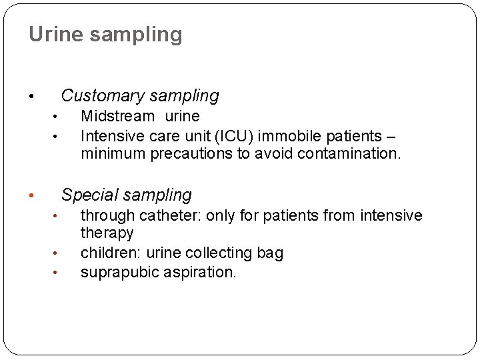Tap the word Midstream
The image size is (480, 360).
point(117,117)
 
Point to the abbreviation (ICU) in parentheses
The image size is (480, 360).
point(233,137)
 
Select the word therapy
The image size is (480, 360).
point(107,233)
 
